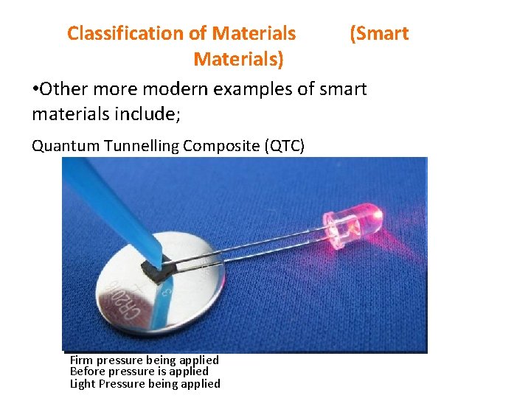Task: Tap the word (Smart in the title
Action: pos(378,33)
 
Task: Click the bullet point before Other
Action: pos(35,90)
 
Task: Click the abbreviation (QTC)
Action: pos(283,146)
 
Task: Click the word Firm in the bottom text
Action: pos(80,360)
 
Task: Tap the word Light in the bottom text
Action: pos(82,383)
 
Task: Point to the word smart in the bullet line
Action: pos(343,89)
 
